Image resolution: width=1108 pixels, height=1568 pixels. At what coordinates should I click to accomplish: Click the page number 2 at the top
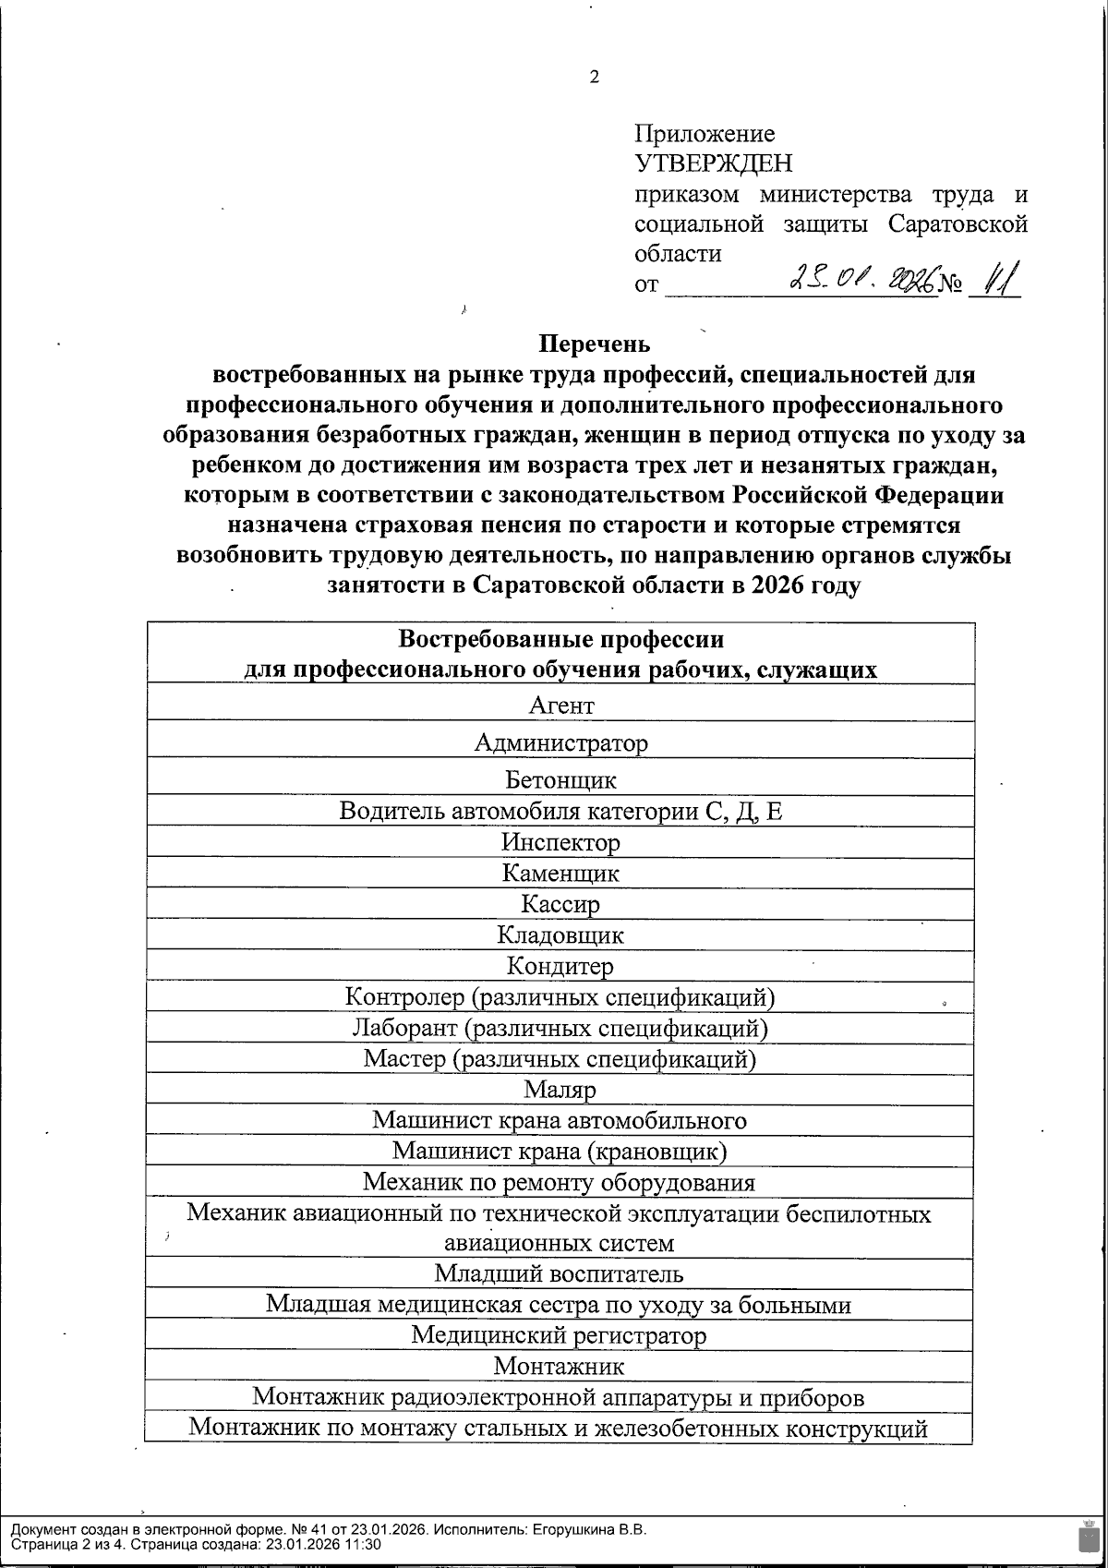click(x=594, y=78)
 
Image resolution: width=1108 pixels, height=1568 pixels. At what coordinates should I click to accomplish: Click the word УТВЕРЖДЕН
click(x=713, y=164)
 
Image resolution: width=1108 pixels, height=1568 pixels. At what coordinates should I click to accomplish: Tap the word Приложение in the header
click(x=705, y=135)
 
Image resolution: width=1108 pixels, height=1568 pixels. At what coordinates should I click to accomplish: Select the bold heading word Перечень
click(x=594, y=344)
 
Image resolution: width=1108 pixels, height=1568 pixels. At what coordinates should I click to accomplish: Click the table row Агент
click(x=560, y=706)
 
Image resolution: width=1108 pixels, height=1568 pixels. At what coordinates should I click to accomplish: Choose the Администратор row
click(x=560, y=742)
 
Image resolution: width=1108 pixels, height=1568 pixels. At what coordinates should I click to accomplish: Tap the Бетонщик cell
click(x=560, y=779)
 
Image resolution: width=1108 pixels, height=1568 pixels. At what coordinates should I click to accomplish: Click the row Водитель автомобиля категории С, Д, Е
click(x=560, y=811)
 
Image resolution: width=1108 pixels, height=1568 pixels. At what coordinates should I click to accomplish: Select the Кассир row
click(x=560, y=904)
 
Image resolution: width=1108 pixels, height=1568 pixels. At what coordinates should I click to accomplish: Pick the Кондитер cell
click(x=560, y=966)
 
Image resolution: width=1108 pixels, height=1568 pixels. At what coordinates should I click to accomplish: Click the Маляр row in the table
click(x=560, y=1090)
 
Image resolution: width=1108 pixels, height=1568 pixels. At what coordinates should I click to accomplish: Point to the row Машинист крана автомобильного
click(x=560, y=1121)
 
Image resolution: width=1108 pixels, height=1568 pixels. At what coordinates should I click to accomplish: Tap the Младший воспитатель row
click(x=560, y=1274)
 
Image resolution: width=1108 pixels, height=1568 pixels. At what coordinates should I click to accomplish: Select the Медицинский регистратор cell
click(x=560, y=1335)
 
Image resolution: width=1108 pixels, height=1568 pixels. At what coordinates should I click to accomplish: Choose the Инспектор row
click(x=560, y=842)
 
